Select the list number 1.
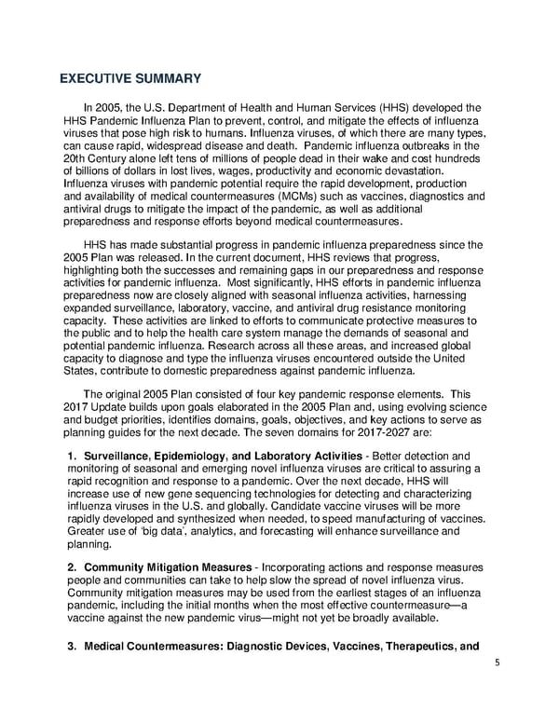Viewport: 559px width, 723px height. (72, 454)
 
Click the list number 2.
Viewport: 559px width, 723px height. (72, 567)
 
